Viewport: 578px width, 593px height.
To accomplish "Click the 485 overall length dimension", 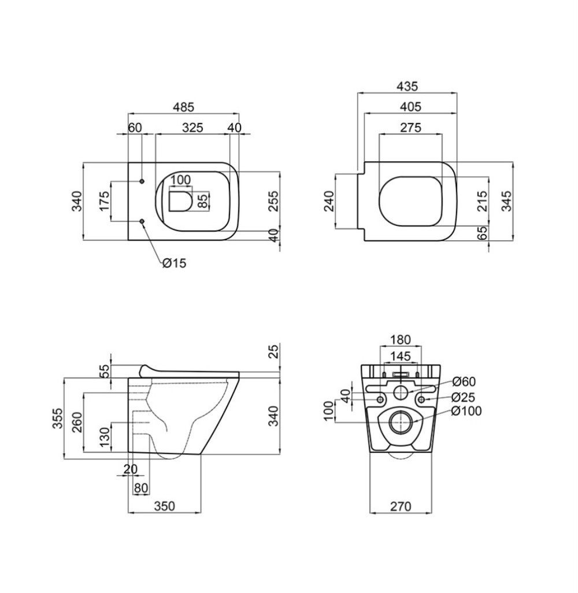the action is tap(184, 107).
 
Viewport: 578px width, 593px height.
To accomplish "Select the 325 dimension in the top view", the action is tap(192, 128).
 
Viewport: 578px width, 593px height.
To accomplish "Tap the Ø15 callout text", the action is tap(175, 263).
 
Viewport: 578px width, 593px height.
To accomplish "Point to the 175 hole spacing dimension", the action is tap(105, 201).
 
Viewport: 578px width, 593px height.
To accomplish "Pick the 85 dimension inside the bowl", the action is tap(203, 201).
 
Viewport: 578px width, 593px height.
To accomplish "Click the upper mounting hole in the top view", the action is tap(142, 181).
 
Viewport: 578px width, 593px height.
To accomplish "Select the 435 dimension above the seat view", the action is tap(407, 86).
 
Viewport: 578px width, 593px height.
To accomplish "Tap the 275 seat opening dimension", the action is tap(411, 128).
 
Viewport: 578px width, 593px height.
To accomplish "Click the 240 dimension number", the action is tap(329, 201).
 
